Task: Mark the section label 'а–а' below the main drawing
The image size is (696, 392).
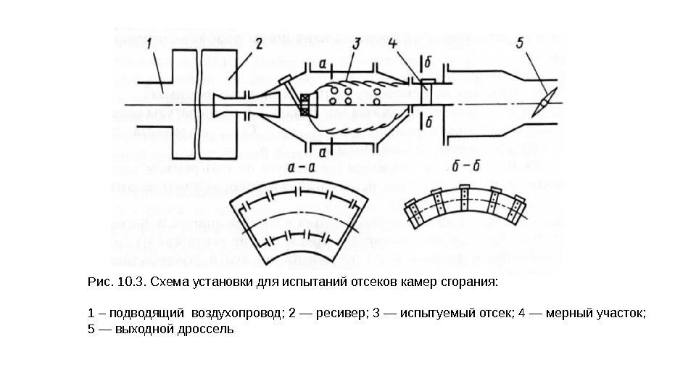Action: (302, 168)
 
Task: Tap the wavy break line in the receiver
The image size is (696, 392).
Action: (199, 105)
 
